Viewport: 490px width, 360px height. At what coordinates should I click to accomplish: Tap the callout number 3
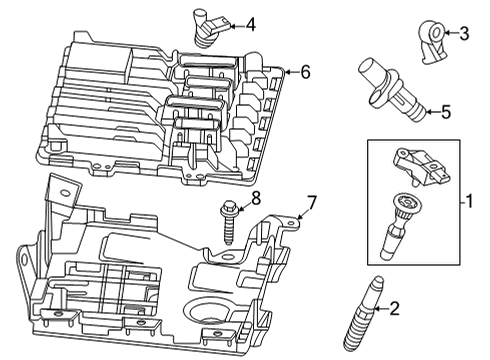pos(463,33)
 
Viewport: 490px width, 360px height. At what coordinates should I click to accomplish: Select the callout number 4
pos(250,24)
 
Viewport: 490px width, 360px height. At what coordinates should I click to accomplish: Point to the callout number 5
pos(446,112)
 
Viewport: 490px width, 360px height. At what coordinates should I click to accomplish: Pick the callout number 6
pos(306,71)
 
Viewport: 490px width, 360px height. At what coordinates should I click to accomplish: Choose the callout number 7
pos(312,203)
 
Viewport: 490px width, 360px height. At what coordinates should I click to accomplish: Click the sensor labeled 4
pos(206,28)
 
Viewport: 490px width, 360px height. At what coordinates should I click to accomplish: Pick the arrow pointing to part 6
pos(288,72)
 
